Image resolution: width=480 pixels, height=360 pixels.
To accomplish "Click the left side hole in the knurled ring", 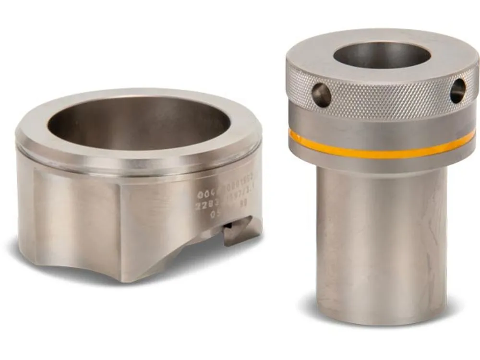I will [x=322, y=95].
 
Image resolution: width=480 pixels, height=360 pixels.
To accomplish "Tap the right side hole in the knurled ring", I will [x=457, y=91].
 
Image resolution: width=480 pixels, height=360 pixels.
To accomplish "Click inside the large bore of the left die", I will [x=139, y=125].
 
